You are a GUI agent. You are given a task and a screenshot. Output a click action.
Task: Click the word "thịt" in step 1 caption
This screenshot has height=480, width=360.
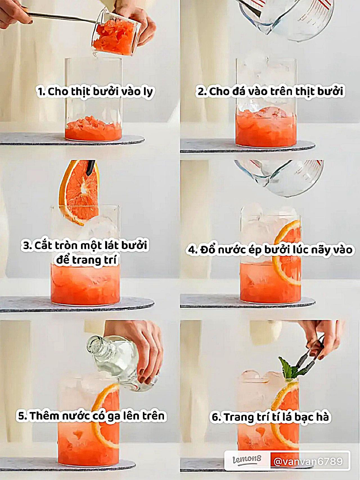coord(81,92)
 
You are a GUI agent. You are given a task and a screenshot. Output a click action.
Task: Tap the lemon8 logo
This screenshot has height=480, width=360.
coord(247,460)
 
